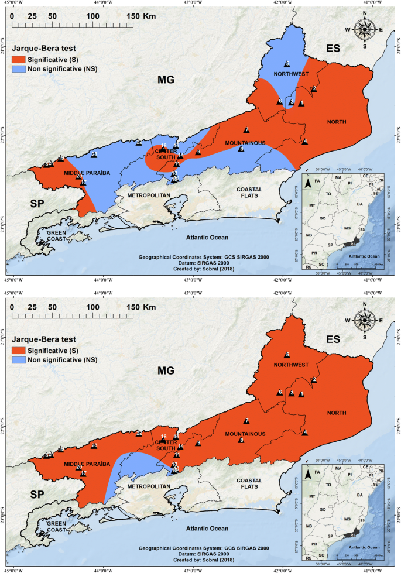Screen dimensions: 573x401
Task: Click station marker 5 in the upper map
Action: click(x=287, y=64)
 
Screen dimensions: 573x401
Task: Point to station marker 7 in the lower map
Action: click(x=246, y=421)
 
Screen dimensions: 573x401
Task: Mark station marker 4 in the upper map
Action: click(x=305, y=141)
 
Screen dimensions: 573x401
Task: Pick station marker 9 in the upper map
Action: click(x=198, y=152)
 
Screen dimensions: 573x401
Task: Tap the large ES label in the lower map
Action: click(x=333, y=339)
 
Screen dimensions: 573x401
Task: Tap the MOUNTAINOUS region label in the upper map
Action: click(x=244, y=143)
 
